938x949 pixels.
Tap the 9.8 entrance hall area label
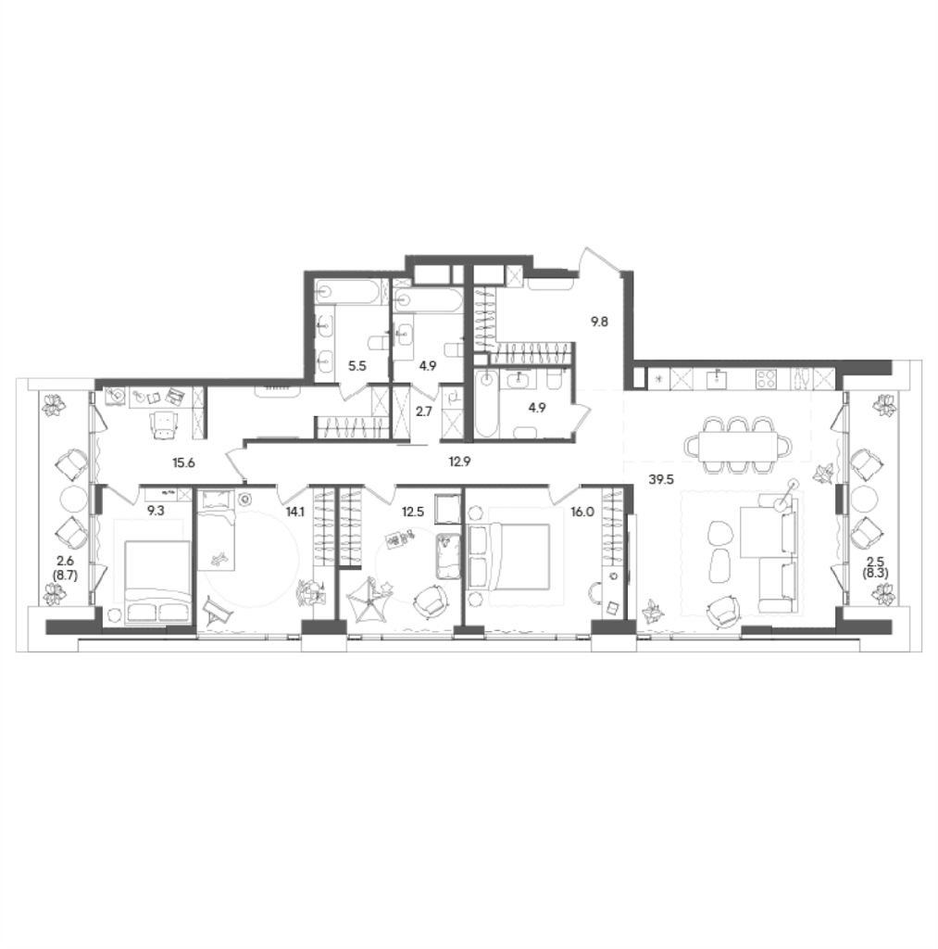[x=599, y=322]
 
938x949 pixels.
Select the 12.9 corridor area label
[x=459, y=462]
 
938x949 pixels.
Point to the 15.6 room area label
[x=183, y=463]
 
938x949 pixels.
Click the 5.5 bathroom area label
[x=356, y=366]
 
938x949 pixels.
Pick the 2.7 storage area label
[x=424, y=411]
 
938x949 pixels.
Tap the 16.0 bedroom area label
[x=582, y=512]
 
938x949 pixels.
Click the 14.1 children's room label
[x=295, y=512]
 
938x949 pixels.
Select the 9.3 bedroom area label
[x=156, y=511]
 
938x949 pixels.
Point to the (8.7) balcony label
[x=66, y=575]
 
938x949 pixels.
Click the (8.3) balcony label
[x=876, y=573]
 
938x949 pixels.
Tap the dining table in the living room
[x=737, y=445]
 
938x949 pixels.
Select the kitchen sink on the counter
[x=718, y=379]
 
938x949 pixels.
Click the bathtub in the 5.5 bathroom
[x=350, y=292]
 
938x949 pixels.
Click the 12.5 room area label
[x=413, y=512]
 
